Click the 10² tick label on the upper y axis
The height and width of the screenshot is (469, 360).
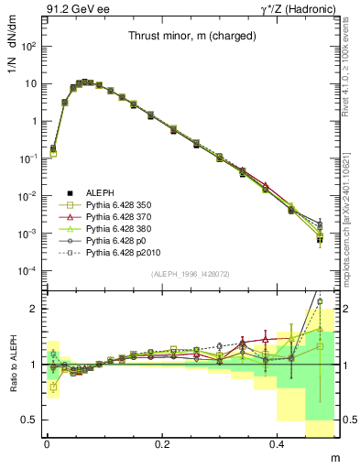tap(28, 46)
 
